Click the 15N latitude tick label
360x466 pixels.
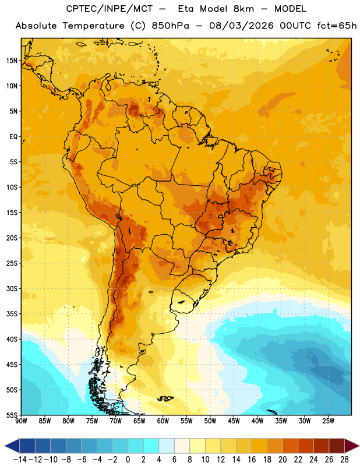coord(12,61)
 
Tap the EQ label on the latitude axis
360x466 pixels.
coord(13,137)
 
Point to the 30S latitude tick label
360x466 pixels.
coord(12,288)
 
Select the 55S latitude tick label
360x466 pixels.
coord(12,415)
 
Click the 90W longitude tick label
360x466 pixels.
coord(21,421)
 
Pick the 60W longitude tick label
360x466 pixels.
coord(163,421)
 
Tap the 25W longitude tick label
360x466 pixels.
coord(328,421)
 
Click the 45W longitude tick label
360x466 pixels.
coord(234,421)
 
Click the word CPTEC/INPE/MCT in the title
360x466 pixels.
coord(109,9)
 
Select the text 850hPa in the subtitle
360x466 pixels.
coord(170,26)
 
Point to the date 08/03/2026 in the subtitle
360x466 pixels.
coord(241,26)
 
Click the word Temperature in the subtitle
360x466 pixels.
coord(93,26)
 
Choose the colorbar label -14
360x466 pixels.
coord(20,460)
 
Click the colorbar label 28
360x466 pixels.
coord(344,460)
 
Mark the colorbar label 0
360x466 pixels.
coord(128,460)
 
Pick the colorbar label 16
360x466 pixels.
coord(252,460)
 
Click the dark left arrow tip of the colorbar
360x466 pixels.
coord(5,446)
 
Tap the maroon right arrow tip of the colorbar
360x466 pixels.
coord(359,446)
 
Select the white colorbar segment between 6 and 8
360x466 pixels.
coord(182,446)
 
